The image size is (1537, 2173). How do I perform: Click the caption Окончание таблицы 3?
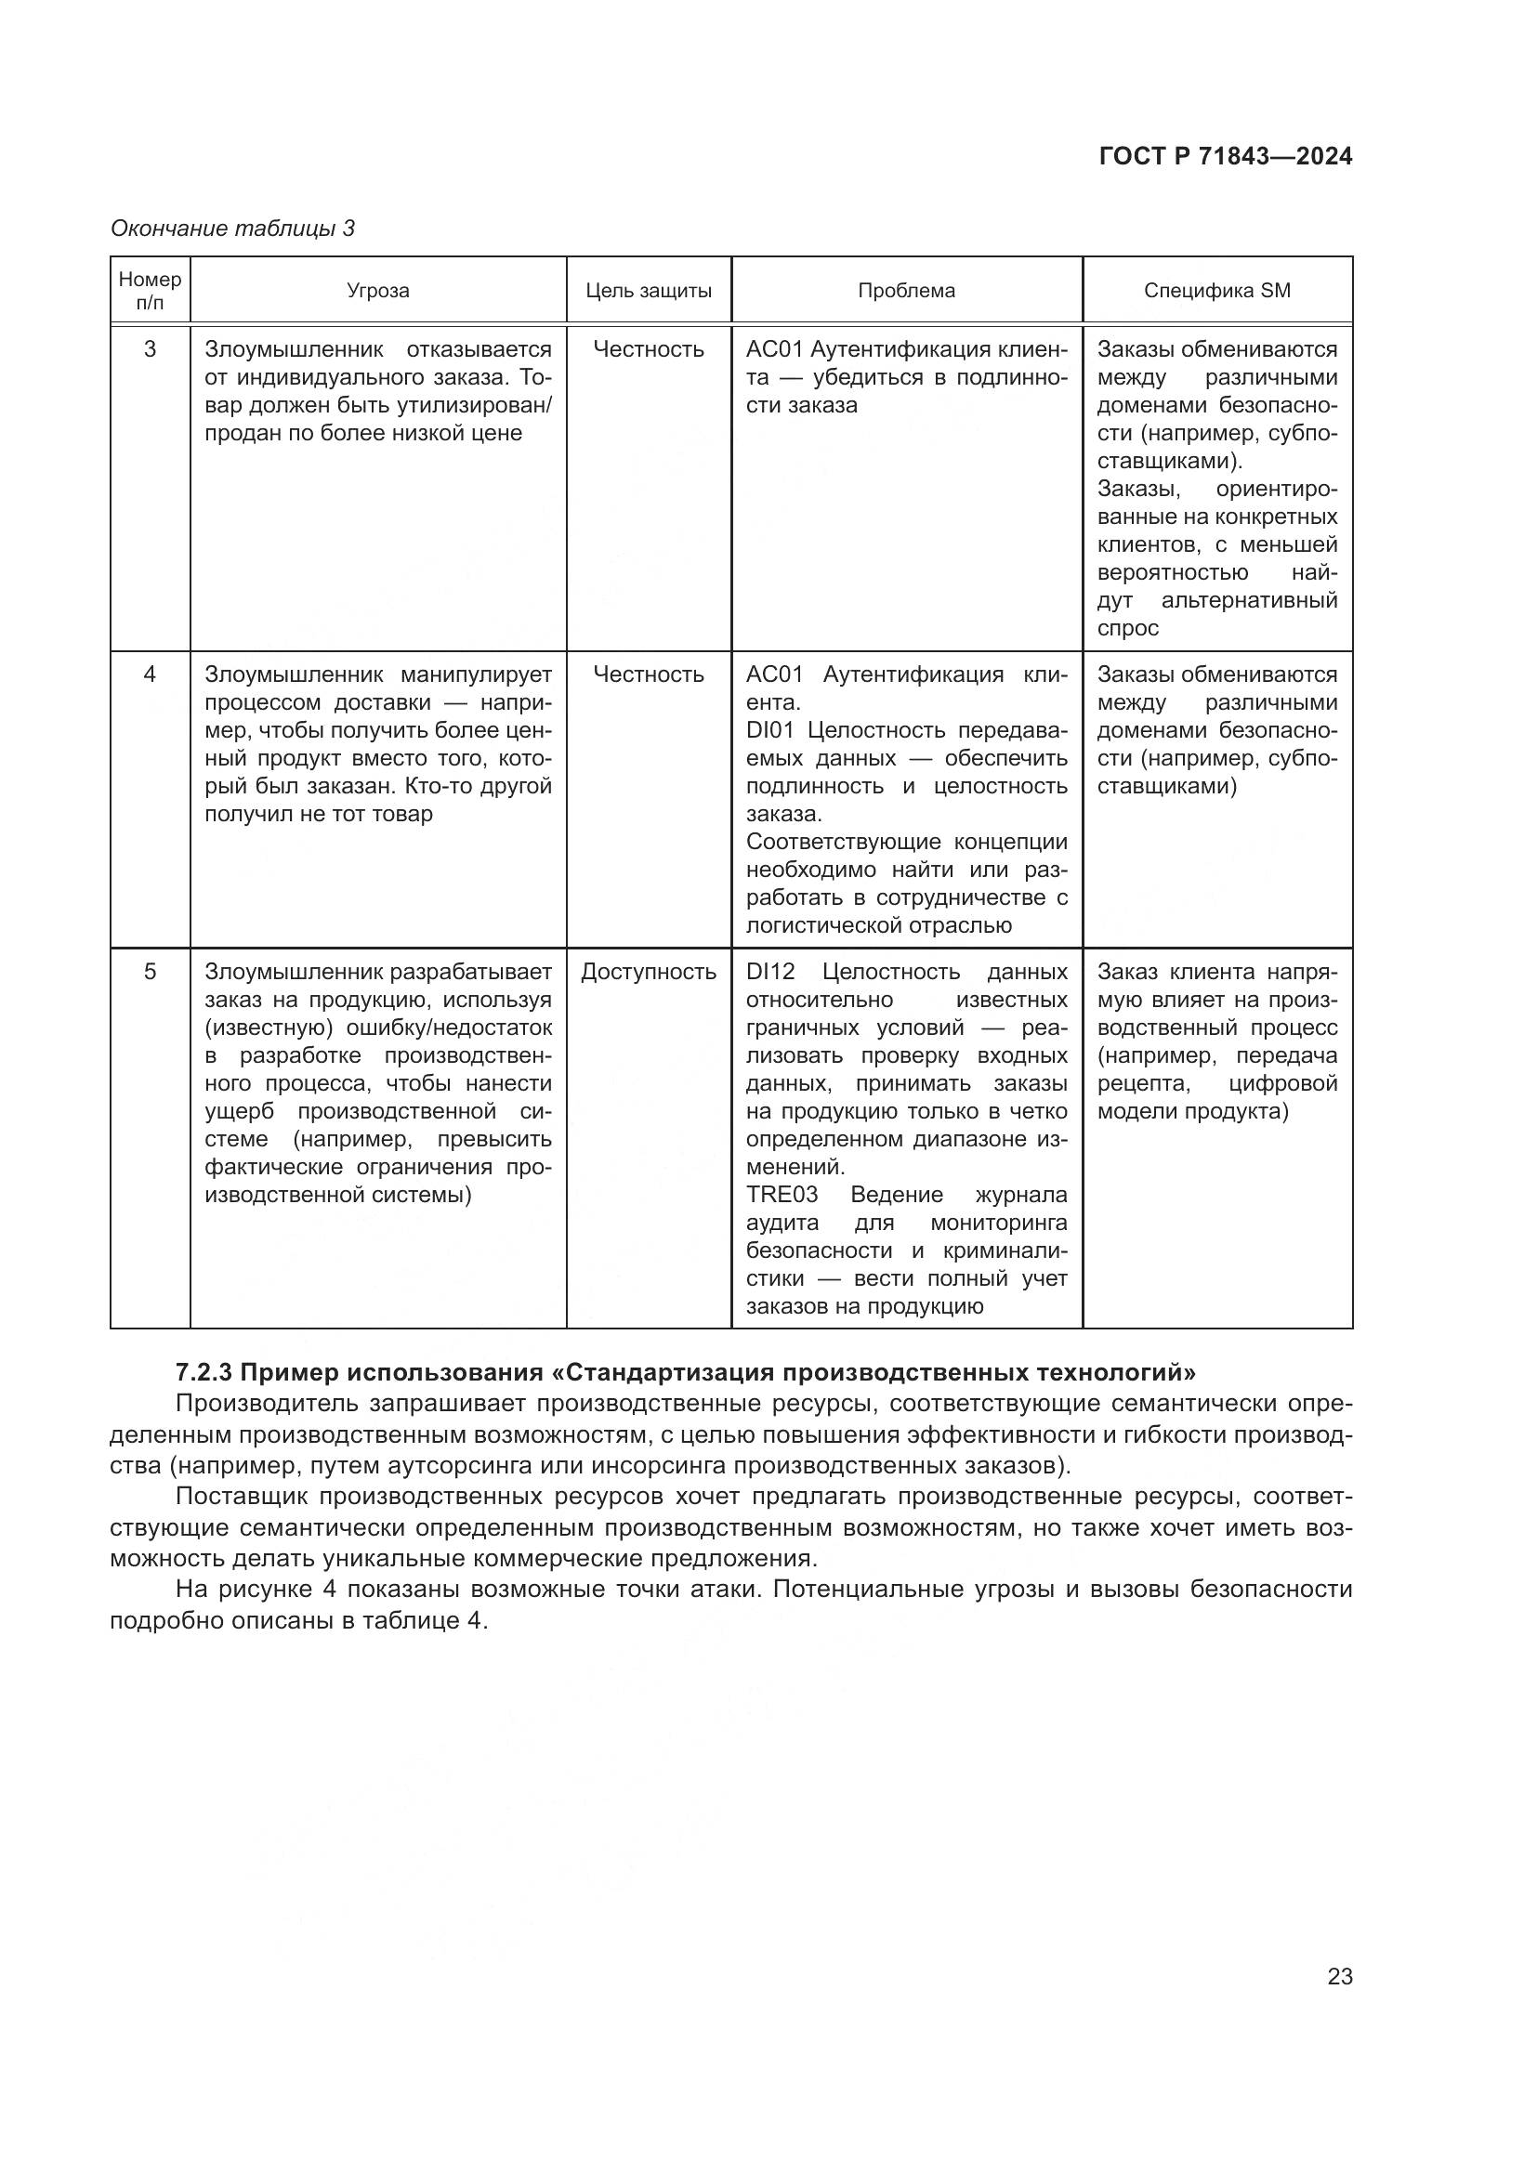point(232,229)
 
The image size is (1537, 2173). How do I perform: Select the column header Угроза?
point(377,291)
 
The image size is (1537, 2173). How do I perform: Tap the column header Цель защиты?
point(649,291)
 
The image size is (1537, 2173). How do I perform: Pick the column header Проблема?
point(906,291)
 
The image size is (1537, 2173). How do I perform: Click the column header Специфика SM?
point(1216,291)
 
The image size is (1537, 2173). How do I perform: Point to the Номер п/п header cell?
point(150,291)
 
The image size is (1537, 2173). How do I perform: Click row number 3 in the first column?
point(150,349)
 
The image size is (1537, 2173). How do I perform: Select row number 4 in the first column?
point(150,674)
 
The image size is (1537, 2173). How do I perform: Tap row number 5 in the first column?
point(150,972)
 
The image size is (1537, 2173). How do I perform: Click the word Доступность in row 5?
point(649,972)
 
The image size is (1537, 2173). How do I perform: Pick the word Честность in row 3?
point(649,349)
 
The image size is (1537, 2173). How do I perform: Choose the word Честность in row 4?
point(649,674)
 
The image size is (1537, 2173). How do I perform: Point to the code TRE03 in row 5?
point(781,1195)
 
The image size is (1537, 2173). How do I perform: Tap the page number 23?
point(1339,1976)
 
